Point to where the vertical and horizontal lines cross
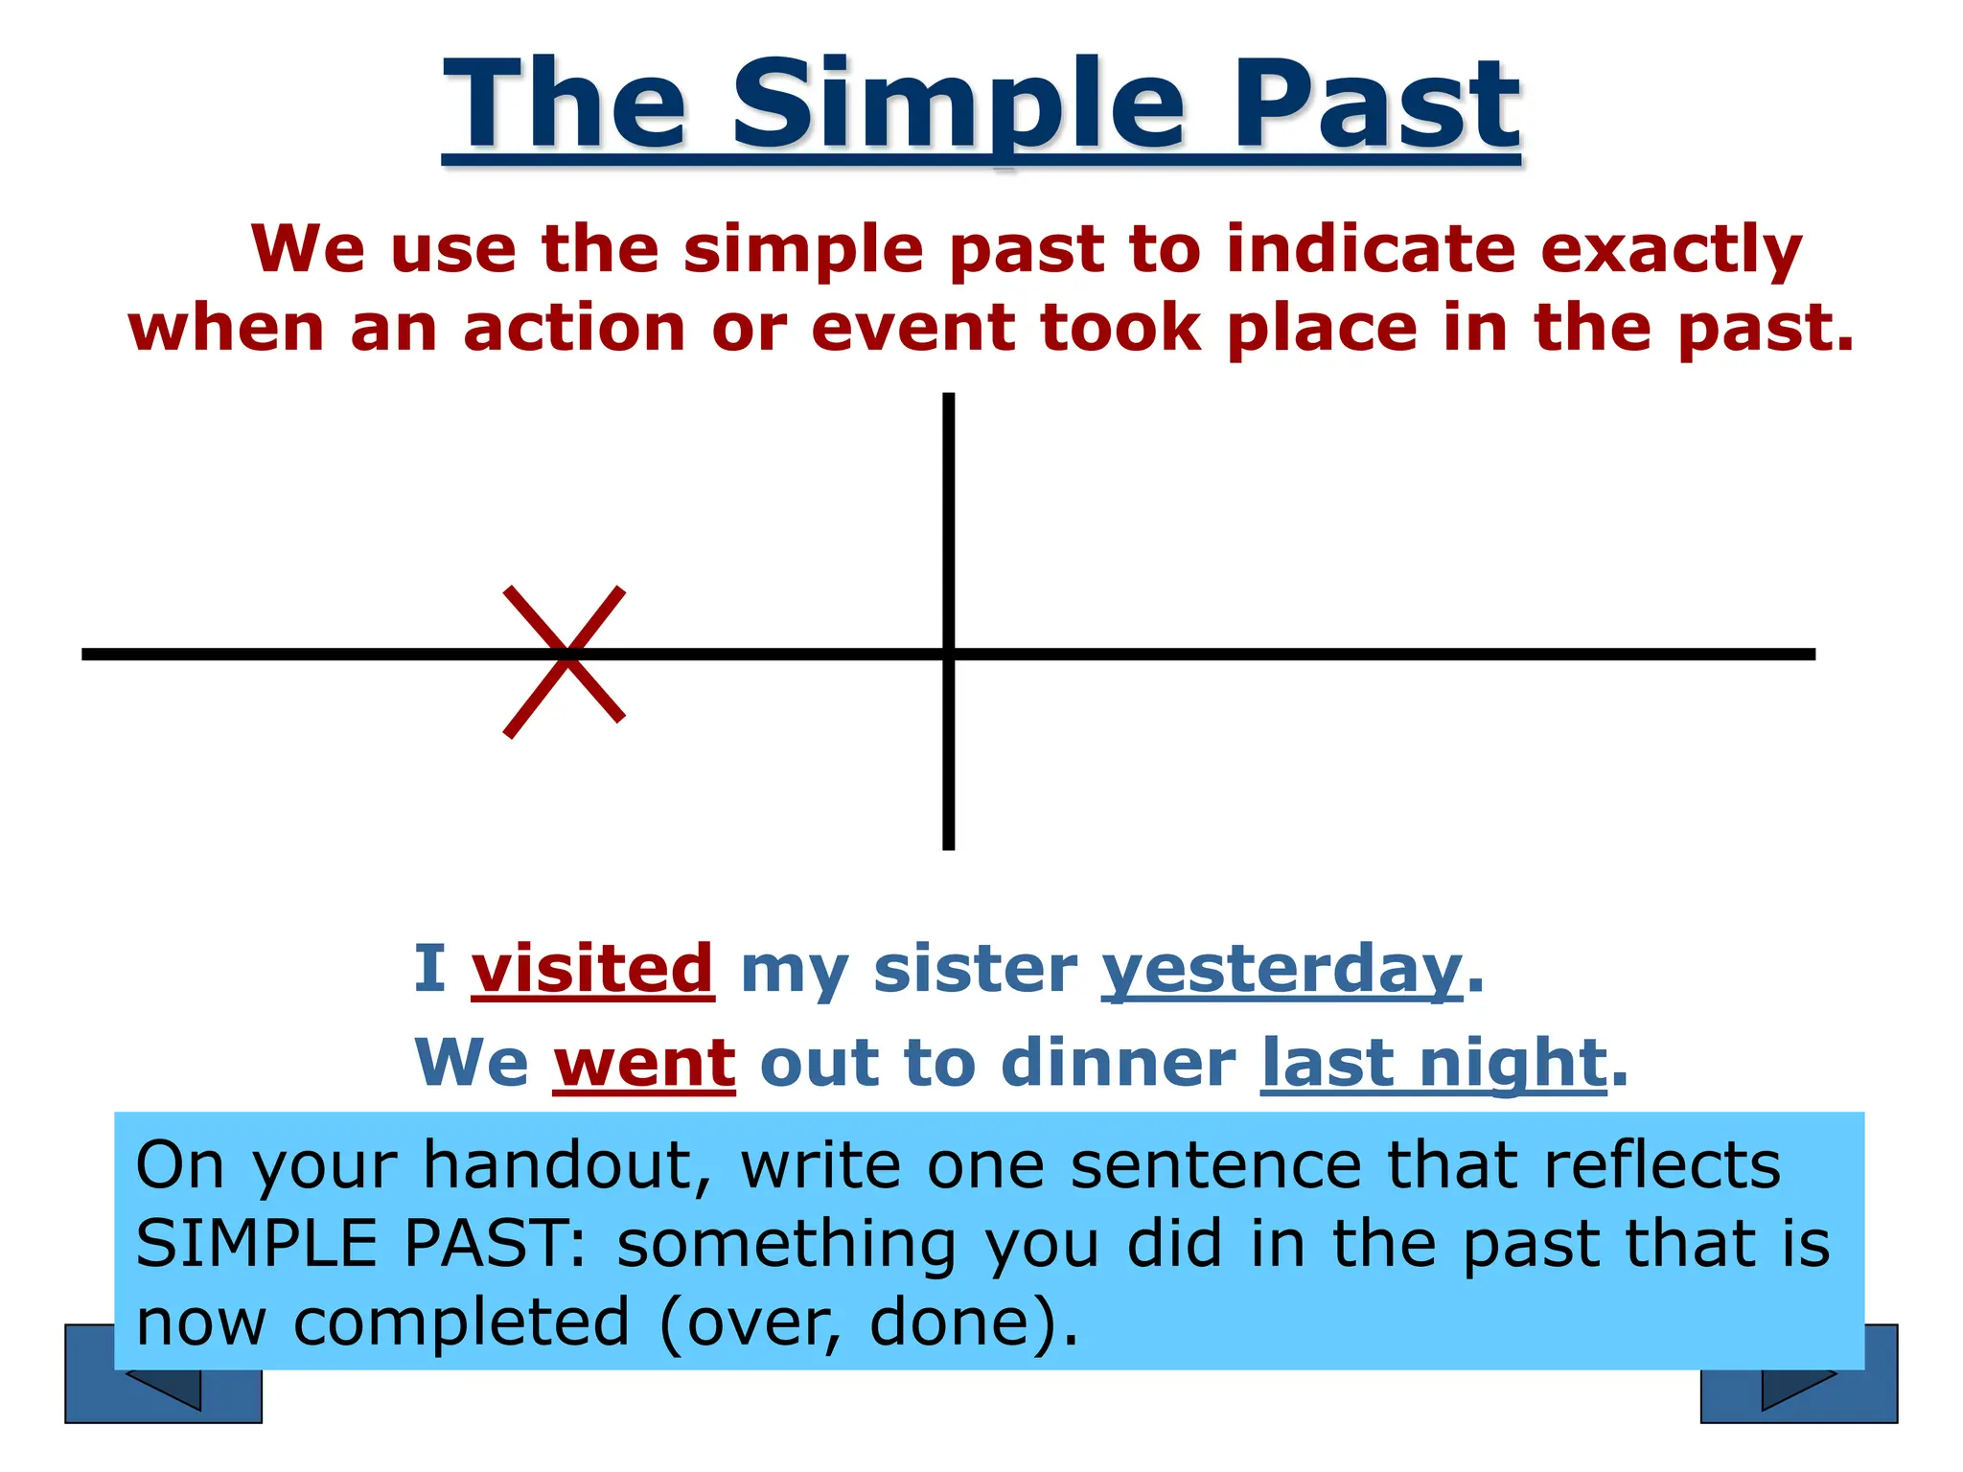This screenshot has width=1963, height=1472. click(948, 655)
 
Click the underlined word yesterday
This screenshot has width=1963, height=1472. click(1282, 970)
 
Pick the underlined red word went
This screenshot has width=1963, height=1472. click(644, 1063)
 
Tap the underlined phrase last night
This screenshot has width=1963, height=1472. click(1433, 1063)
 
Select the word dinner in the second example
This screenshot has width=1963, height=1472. click(1118, 1063)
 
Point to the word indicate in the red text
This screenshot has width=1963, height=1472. click(1371, 248)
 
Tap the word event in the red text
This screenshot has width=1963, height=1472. click(913, 328)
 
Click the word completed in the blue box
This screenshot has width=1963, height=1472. click(461, 1323)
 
